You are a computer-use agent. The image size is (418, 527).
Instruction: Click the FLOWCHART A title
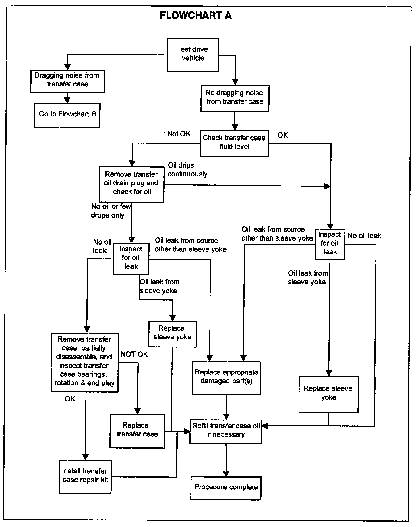click(196, 15)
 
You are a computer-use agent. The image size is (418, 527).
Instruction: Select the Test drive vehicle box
click(193, 55)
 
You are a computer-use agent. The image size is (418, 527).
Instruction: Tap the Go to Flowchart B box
click(67, 115)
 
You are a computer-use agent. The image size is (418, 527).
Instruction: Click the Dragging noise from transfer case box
click(67, 81)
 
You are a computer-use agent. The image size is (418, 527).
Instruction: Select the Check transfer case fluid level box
click(234, 143)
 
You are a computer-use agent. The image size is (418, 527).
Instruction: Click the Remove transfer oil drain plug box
click(131, 184)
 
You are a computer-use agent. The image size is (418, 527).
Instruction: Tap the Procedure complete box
click(226, 488)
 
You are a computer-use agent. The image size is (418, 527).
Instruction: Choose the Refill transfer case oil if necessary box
click(226, 431)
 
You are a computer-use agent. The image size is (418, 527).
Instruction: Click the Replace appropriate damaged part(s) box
click(226, 378)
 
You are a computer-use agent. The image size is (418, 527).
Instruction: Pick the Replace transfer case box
click(137, 431)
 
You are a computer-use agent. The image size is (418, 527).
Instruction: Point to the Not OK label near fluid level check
click(179, 134)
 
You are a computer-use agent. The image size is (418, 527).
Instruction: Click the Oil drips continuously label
click(187, 170)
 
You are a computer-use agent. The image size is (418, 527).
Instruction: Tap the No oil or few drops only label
click(111, 211)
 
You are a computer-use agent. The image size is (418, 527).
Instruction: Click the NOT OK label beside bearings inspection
click(134, 354)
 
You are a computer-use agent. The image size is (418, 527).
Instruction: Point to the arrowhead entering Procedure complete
click(226, 473)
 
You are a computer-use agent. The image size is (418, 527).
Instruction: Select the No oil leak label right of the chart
click(364, 236)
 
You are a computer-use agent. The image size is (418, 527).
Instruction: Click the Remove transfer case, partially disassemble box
click(84, 362)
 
